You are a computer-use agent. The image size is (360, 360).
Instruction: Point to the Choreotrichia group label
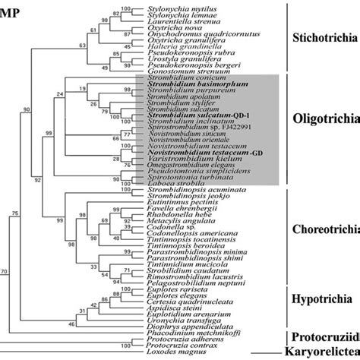tap(326, 226)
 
